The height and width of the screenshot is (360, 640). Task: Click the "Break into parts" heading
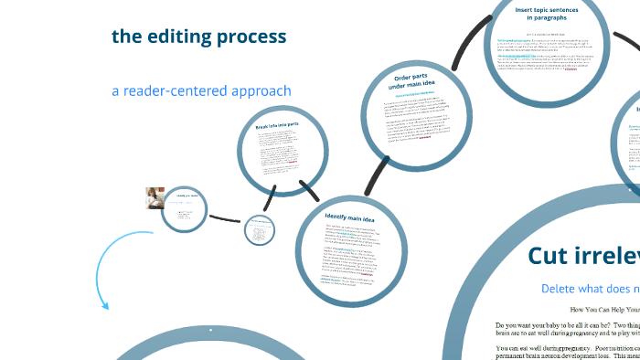click(277, 124)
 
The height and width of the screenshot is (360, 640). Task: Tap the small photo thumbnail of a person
click(155, 198)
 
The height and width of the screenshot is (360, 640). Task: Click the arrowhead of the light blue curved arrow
click(105, 305)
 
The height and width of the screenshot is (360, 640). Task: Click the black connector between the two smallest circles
click(227, 219)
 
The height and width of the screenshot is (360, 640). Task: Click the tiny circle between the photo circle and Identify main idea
click(261, 230)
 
